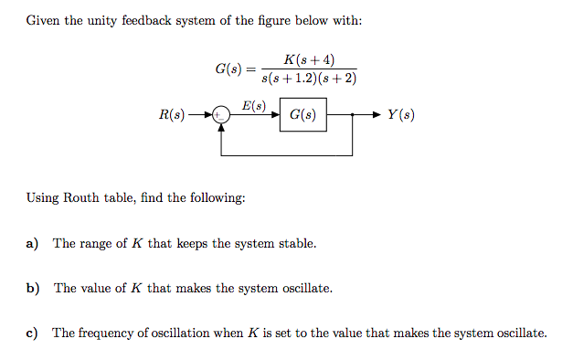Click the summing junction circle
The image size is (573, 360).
pos(220,116)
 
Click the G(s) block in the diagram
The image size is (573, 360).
pos(302,116)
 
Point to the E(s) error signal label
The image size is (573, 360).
pos(253,106)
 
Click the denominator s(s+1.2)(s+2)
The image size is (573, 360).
pos(308,78)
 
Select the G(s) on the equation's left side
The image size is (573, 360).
pos(228,69)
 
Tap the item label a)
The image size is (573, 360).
pos(32,244)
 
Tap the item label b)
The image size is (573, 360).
pos(33,289)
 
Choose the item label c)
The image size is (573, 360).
pos(32,334)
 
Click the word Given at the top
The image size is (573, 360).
pos(42,20)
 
